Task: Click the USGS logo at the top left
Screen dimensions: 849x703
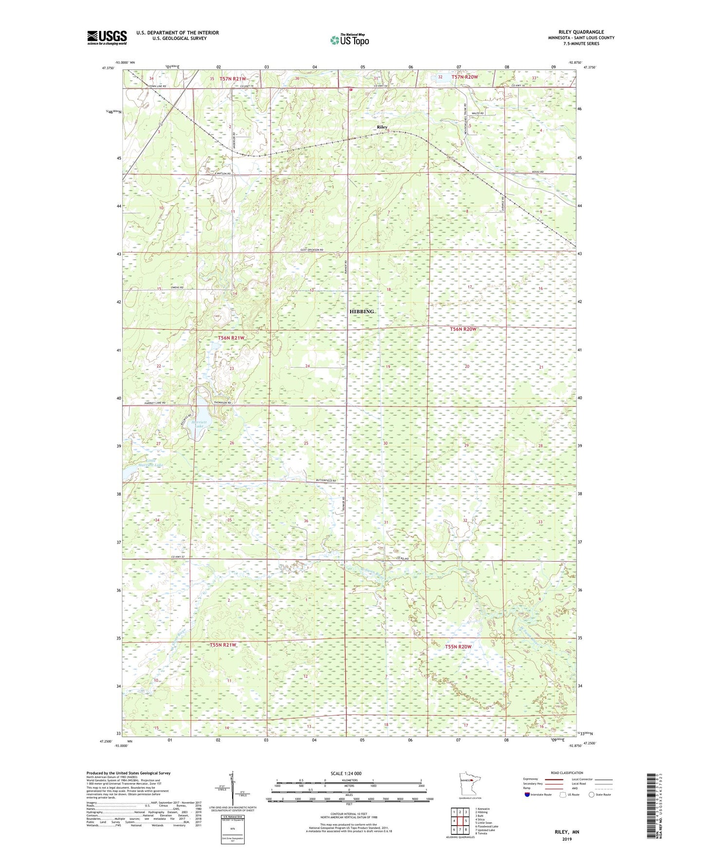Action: click(x=107, y=37)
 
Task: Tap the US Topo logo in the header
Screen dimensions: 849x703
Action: click(x=349, y=40)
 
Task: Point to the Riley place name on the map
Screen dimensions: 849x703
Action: click(x=382, y=127)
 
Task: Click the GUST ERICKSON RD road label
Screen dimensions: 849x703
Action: click(x=308, y=249)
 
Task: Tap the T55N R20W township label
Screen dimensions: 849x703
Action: click(x=458, y=646)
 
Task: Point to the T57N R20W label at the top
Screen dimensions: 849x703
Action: click(x=465, y=77)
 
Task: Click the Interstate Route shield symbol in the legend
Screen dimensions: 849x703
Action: click(x=527, y=795)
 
